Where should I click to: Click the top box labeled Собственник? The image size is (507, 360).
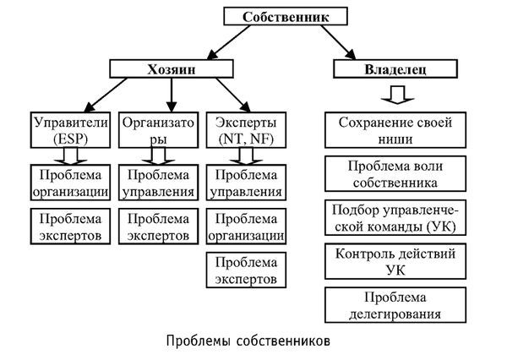(282, 16)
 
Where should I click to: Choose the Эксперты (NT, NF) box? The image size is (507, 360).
(245, 128)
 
